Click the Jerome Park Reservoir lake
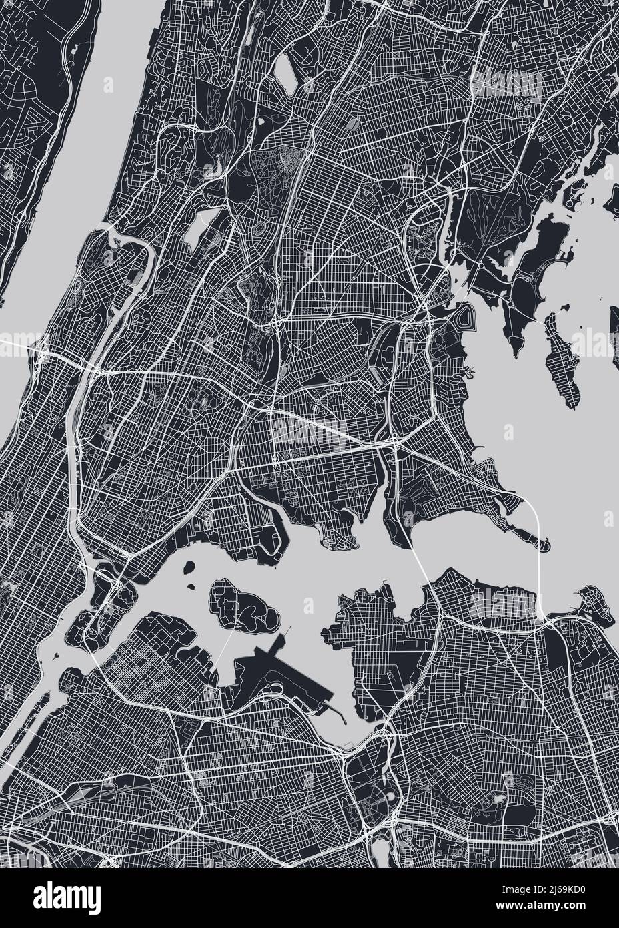(x=195, y=230)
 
